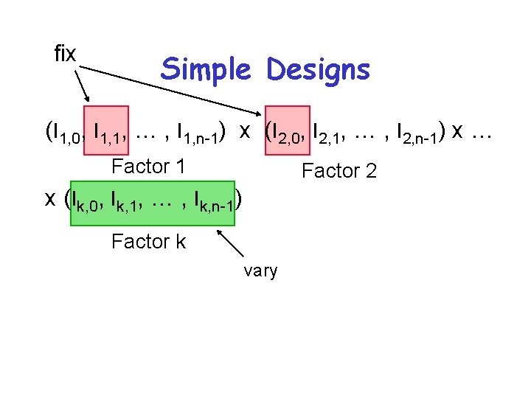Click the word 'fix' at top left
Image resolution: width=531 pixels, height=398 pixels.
click(x=65, y=53)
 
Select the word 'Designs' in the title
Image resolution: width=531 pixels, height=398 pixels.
click(x=318, y=70)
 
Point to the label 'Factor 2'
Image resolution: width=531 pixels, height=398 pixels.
click(x=339, y=172)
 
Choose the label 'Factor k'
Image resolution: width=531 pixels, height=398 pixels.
click(x=148, y=241)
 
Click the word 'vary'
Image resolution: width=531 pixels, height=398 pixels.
click(x=260, y=271)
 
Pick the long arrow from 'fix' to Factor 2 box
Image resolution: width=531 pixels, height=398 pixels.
click(x=170, y=89)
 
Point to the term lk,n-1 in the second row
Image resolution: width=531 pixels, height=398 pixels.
click(x=214, y=200)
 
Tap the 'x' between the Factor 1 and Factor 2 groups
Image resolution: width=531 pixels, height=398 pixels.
click(x=244, y=130)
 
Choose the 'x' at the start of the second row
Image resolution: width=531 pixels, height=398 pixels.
click(x=50, y=198)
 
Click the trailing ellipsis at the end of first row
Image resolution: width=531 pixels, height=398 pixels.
click(x=481, y=133)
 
